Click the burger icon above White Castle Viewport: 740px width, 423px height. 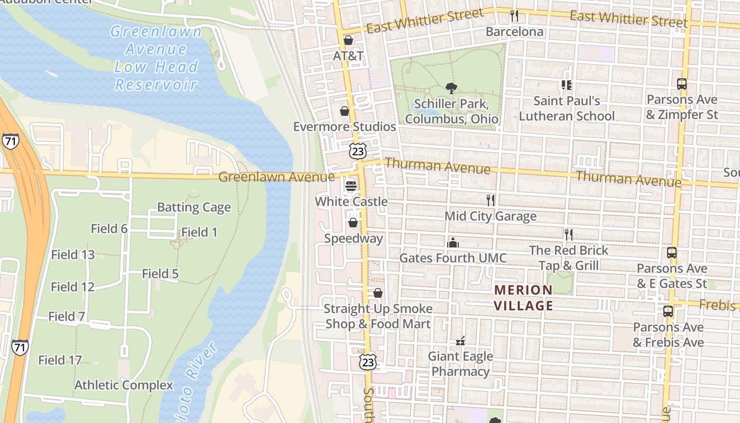[x=350, y=186]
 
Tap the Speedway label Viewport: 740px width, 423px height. [x=353, y=238]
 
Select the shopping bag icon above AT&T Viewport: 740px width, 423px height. [x=348, y=40]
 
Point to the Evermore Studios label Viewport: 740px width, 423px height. [x=344, y=127]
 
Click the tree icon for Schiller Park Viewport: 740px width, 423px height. [x=451, y=88]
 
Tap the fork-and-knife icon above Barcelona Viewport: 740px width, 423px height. [x=514, y=15]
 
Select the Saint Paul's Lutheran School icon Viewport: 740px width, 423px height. [x=567, y=85]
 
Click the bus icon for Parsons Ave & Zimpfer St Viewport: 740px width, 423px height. [x=682, y=84]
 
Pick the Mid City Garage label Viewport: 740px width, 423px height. [x=490, y=216]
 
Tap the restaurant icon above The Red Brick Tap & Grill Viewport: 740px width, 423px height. [x=569, y=234]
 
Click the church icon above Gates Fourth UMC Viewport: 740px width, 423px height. [x=452, y=243]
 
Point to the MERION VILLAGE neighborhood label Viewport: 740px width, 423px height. [x=523, y=298]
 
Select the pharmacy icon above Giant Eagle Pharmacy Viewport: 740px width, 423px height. [x=460, y=341]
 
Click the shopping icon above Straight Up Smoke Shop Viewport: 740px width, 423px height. [x=378, y=293]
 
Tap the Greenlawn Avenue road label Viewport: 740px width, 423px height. [x=276, y=177]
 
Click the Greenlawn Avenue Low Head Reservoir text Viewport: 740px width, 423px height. [x=156, y=58]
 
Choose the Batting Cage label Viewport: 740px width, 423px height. [x=194, y=207]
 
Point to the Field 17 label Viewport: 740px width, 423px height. [x=60, y=361]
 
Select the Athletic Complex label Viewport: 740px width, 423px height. [x=124, y=385]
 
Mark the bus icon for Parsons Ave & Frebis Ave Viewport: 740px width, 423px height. [x=668, y=311]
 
